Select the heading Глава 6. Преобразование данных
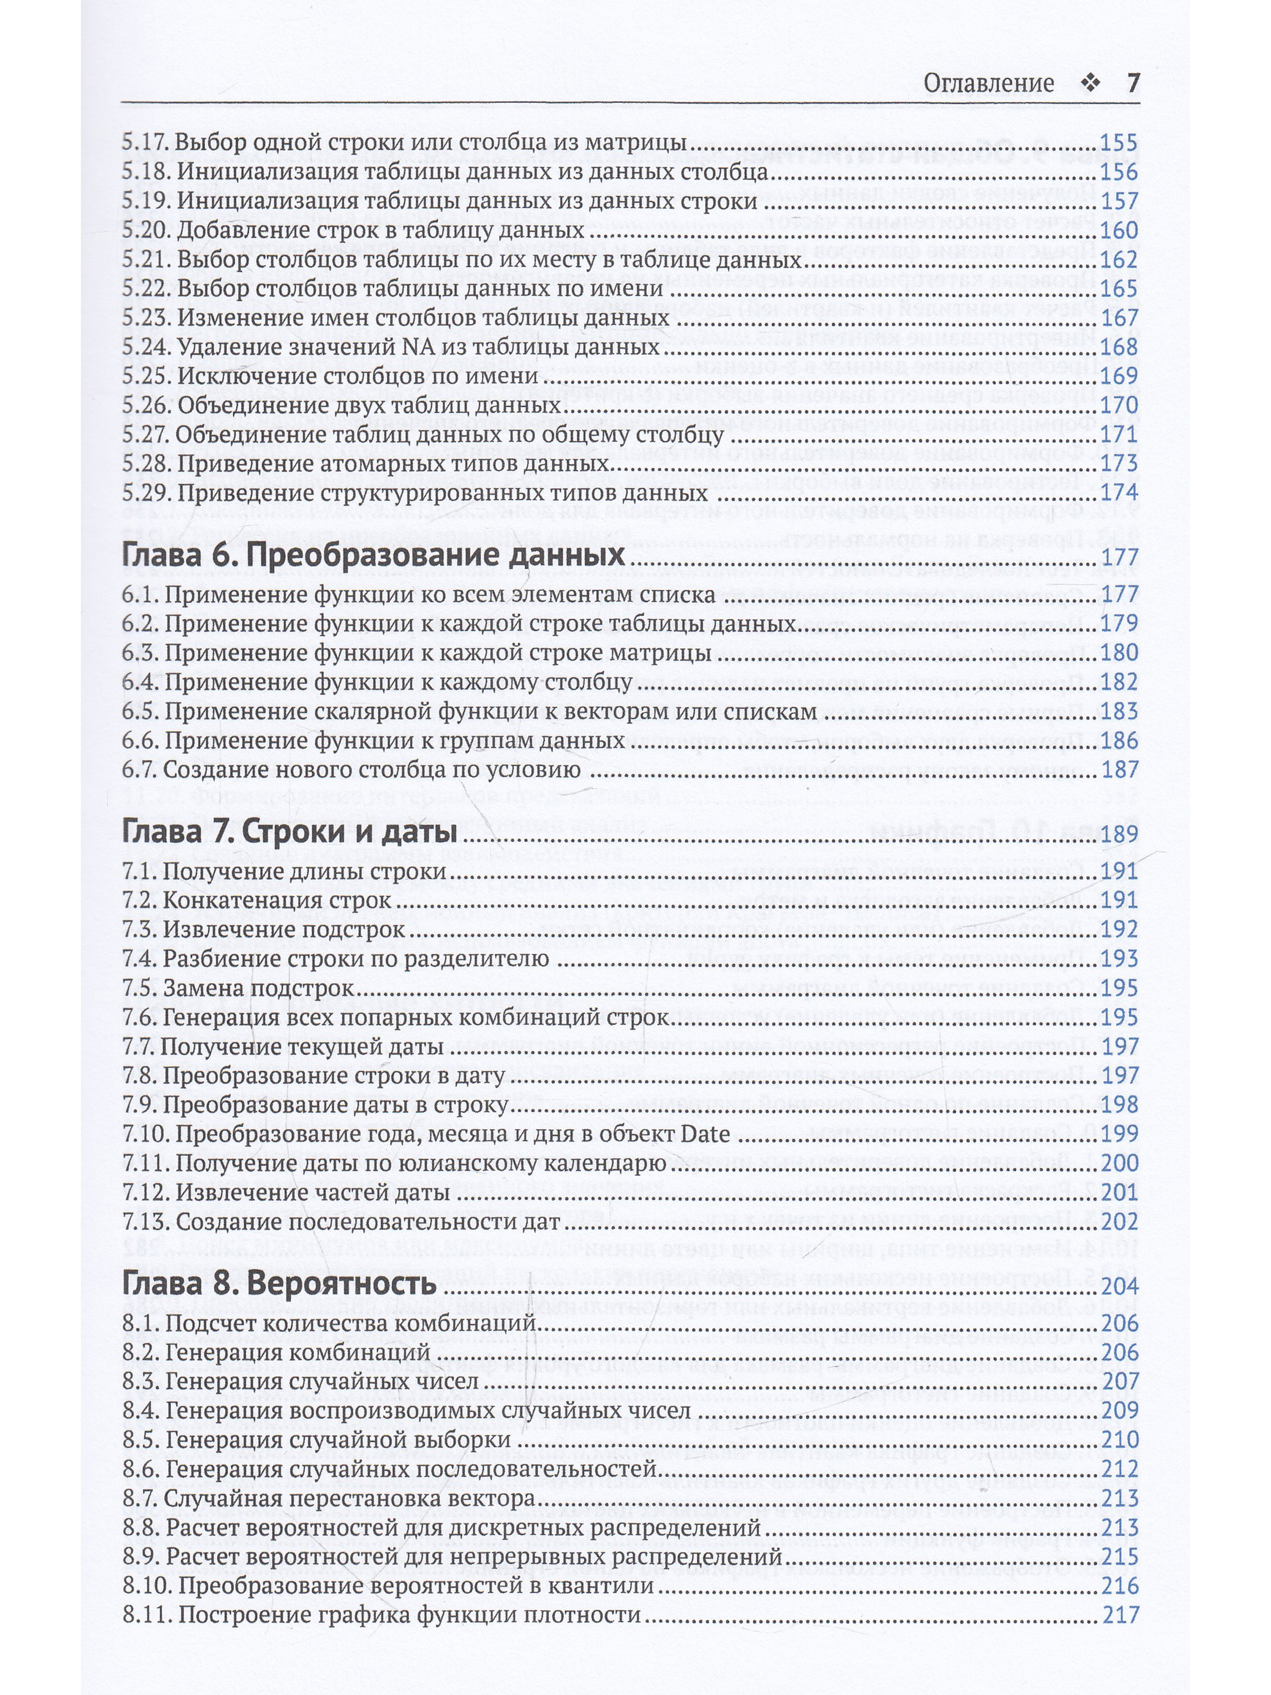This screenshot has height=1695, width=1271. click(374, 555)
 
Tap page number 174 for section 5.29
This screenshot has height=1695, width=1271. click(1118, 492)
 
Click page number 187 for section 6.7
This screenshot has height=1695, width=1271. click(1118, 770)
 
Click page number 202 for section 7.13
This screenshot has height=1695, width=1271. click(1118, 1221)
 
